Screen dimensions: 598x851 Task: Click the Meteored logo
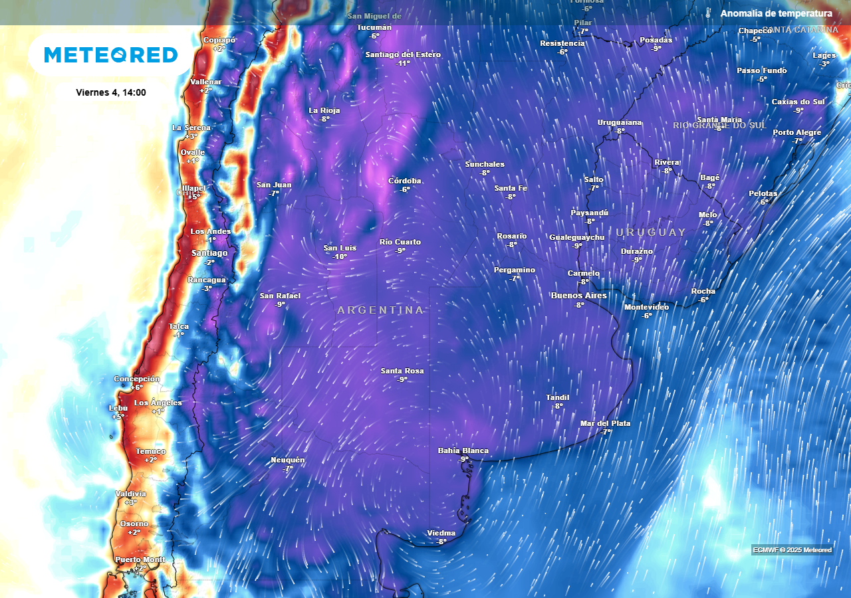(111, 54)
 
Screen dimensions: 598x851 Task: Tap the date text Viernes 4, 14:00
(111, 92)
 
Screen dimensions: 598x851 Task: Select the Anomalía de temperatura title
(776, 13)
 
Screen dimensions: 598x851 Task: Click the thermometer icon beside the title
(709, 13)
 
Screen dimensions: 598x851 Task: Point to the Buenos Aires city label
(578, 296)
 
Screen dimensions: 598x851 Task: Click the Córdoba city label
(405, 181)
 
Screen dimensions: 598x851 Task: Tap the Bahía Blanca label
(463, 450)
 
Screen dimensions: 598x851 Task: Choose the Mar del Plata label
(605, 423)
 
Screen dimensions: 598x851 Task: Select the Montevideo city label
(646, 307)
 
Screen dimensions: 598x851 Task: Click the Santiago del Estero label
(403, 54)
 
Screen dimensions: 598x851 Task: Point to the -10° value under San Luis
(340, 256)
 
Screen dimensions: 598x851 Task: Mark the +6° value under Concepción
(136, 387)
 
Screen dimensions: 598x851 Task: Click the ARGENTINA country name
(380, 310)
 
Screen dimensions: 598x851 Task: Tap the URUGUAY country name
(651, 233)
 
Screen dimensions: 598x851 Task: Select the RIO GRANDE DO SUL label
(719, 126)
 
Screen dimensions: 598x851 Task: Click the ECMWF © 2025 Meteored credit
(792, 549)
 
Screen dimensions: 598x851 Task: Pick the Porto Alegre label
(796, 132)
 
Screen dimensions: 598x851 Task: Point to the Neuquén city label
(288, 460)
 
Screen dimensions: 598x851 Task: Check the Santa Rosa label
(402, 371)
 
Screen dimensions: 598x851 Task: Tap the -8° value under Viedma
(441, 542)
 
